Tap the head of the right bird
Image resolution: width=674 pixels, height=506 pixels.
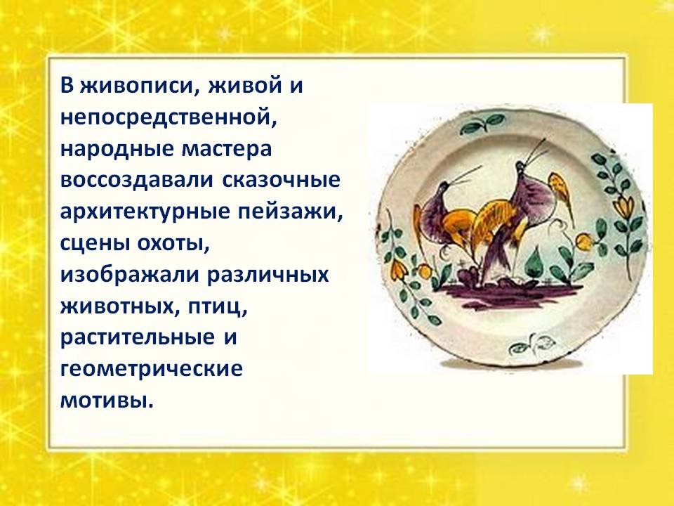[x=520, y=169]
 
